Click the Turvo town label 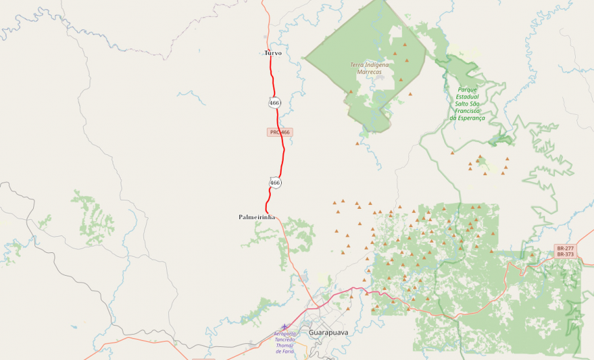click(x=273, y=53)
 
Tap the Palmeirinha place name click(x=257, y=217)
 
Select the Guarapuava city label click(x=328, y=332)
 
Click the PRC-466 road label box click(x=280, y=132)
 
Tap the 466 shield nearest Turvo click(x=275, y=102)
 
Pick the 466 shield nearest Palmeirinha click(x=275, y=183)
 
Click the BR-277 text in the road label click(x=565, y=248)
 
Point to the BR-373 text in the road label click(x=565, y=254)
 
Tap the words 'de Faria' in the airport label click(x=284, y=351)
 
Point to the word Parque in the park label click(x=467, y=90)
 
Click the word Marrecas click(x=369, y=72)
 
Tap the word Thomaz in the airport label click(x=285, y=345)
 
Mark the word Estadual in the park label click(x=467, y=97)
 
